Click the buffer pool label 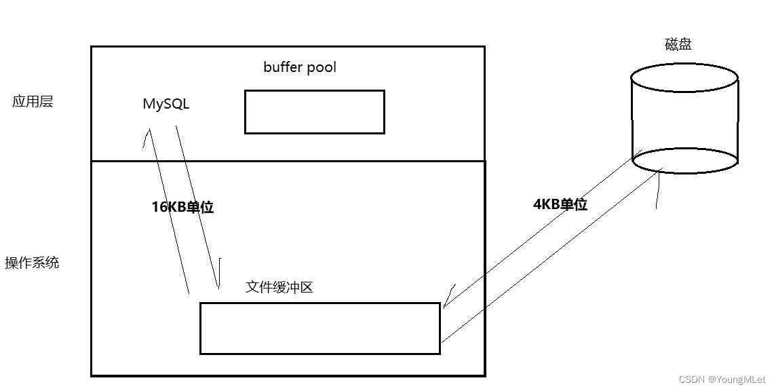pos(300,67)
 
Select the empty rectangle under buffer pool pos(314,112)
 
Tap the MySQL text pos(166,104)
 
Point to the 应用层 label pos(33,102)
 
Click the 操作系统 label pos(32,263)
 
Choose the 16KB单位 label pos(182,207)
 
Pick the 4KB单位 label pos(560,204)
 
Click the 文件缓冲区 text pos(279,287)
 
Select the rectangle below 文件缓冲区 pos(319,329)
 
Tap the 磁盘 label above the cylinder pos(678,45)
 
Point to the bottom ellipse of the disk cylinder pos(684,161)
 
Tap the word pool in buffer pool pos(321,67)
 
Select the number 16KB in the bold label pos(168,207)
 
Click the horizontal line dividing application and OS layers pos(288,162)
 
